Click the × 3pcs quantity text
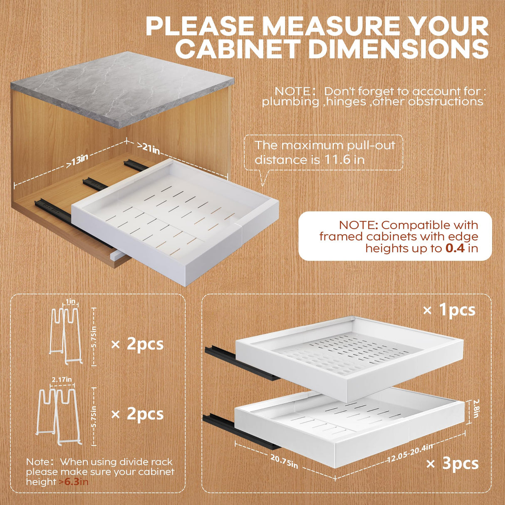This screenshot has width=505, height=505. pos(453,463)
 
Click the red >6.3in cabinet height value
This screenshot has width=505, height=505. pos(74,482)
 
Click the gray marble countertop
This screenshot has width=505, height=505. pos(121,87)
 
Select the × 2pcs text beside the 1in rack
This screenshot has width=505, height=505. pos(137,344)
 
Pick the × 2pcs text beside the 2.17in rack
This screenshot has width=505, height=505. pos(137,414)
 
